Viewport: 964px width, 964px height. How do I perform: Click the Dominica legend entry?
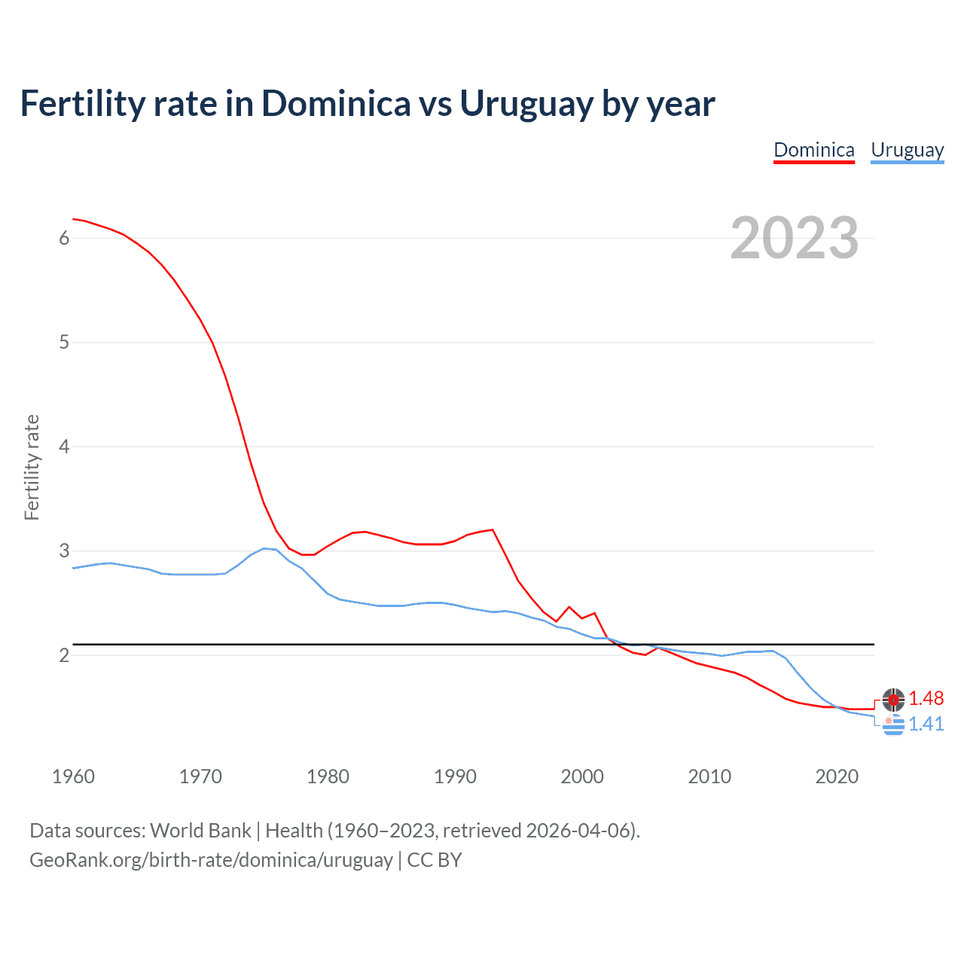(814, 150)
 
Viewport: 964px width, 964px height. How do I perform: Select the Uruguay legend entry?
(907, 150)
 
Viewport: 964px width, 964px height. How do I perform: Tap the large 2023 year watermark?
(795, 238)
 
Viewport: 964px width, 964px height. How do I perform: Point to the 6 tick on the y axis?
(64, 238)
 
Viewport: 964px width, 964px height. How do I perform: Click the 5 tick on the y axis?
(64, 343)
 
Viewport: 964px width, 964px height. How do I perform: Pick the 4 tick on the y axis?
(64, 447)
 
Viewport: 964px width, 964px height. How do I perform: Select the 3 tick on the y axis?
(64, 551)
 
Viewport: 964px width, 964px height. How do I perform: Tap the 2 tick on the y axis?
(64, 655)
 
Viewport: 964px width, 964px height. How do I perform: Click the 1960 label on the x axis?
(73, 776)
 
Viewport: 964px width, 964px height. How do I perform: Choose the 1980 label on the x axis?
(328, 776)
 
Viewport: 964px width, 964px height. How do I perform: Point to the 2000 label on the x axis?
(582, 776)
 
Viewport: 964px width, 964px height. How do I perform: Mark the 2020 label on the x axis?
(837, 776)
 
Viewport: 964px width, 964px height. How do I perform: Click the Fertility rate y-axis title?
(32, 467)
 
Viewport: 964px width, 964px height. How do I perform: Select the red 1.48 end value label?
(926, 699)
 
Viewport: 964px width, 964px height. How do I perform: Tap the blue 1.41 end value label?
(926, 725)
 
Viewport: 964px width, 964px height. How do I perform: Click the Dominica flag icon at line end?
(893, 700)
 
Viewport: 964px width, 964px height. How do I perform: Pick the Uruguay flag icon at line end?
(893, 725)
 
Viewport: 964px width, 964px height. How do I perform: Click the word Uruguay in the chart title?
(526, 104)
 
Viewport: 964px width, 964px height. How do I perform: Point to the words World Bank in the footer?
(200, 831)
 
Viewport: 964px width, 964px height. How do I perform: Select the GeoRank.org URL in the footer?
(211, 860)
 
